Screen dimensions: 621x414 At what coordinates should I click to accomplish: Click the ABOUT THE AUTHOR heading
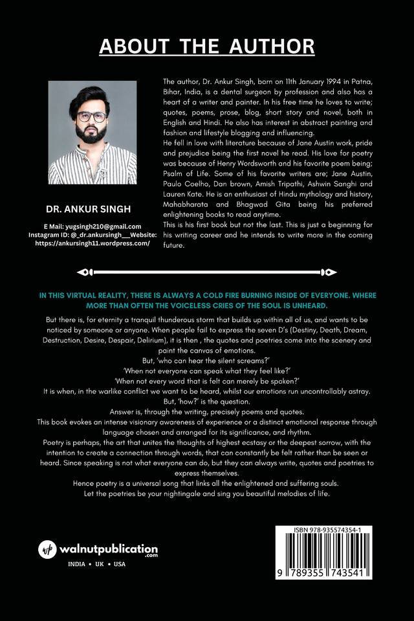[207, 47]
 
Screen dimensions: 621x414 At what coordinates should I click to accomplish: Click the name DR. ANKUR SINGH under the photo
[92, 210]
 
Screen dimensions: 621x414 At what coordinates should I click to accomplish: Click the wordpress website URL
[93, 244]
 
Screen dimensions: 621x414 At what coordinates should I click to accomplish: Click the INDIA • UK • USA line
[97, 565]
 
